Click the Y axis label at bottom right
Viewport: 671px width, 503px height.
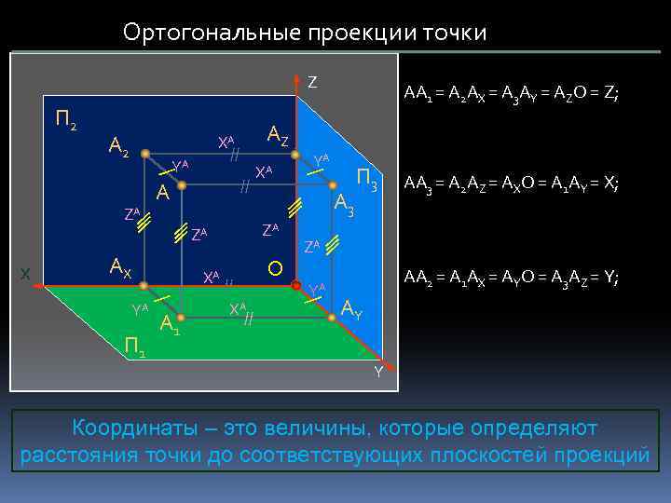378,373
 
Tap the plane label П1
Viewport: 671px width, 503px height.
134,347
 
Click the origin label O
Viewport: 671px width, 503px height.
275,269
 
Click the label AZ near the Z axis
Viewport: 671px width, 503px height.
278,136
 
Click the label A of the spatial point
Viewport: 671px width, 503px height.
162,194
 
